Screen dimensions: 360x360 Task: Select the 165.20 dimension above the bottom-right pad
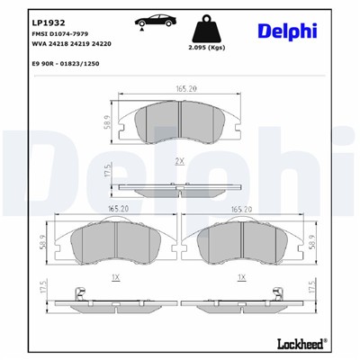pyautogui.click(x=242, y=208)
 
